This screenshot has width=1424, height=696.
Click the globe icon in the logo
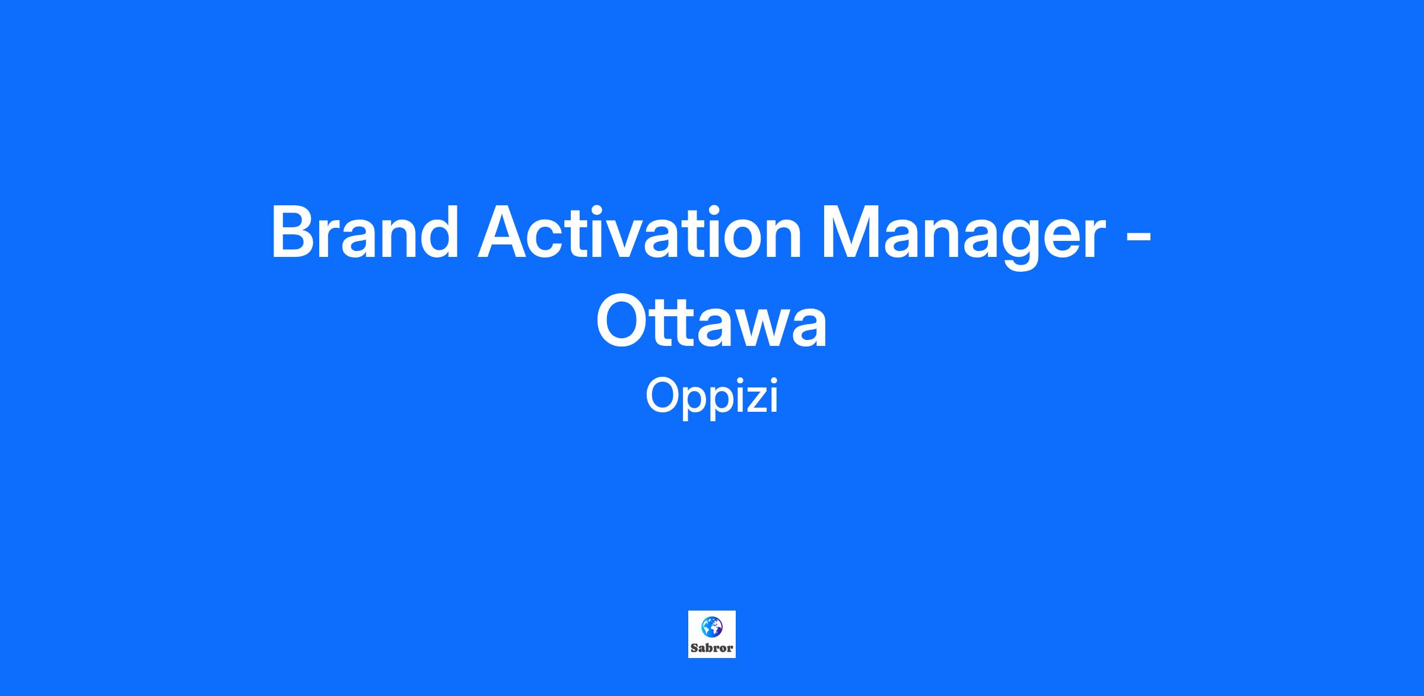[711, 626]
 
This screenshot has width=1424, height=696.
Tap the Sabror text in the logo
[711, 648]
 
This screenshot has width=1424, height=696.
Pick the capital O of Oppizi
[662, 396]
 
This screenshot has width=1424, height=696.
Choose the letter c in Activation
[548, 240]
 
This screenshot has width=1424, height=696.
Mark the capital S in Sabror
[694, 648]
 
